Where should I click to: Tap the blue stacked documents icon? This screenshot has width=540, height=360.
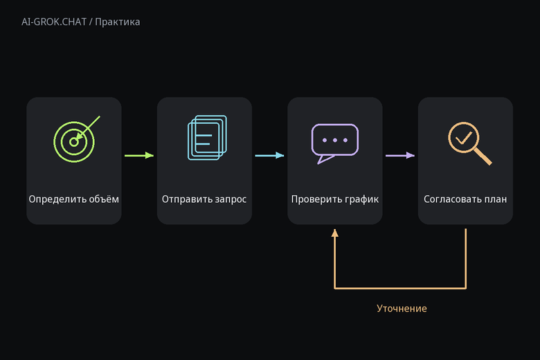point(207,138)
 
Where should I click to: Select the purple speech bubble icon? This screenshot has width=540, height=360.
point(335,143)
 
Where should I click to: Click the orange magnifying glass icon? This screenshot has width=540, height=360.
point(470,143)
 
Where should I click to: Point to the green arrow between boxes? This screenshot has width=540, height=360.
point(139,155)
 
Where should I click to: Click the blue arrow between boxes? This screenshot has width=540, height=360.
point(270,155)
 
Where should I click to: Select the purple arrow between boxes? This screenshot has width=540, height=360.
point(400,155)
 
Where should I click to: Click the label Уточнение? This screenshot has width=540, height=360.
point(402,308)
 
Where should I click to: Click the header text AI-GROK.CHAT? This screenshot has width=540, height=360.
point(54,22)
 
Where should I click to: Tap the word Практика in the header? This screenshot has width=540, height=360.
point(118,22)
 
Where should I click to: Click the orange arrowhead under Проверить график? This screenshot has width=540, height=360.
point(335,233)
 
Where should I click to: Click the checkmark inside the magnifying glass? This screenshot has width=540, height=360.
point(464,138)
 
